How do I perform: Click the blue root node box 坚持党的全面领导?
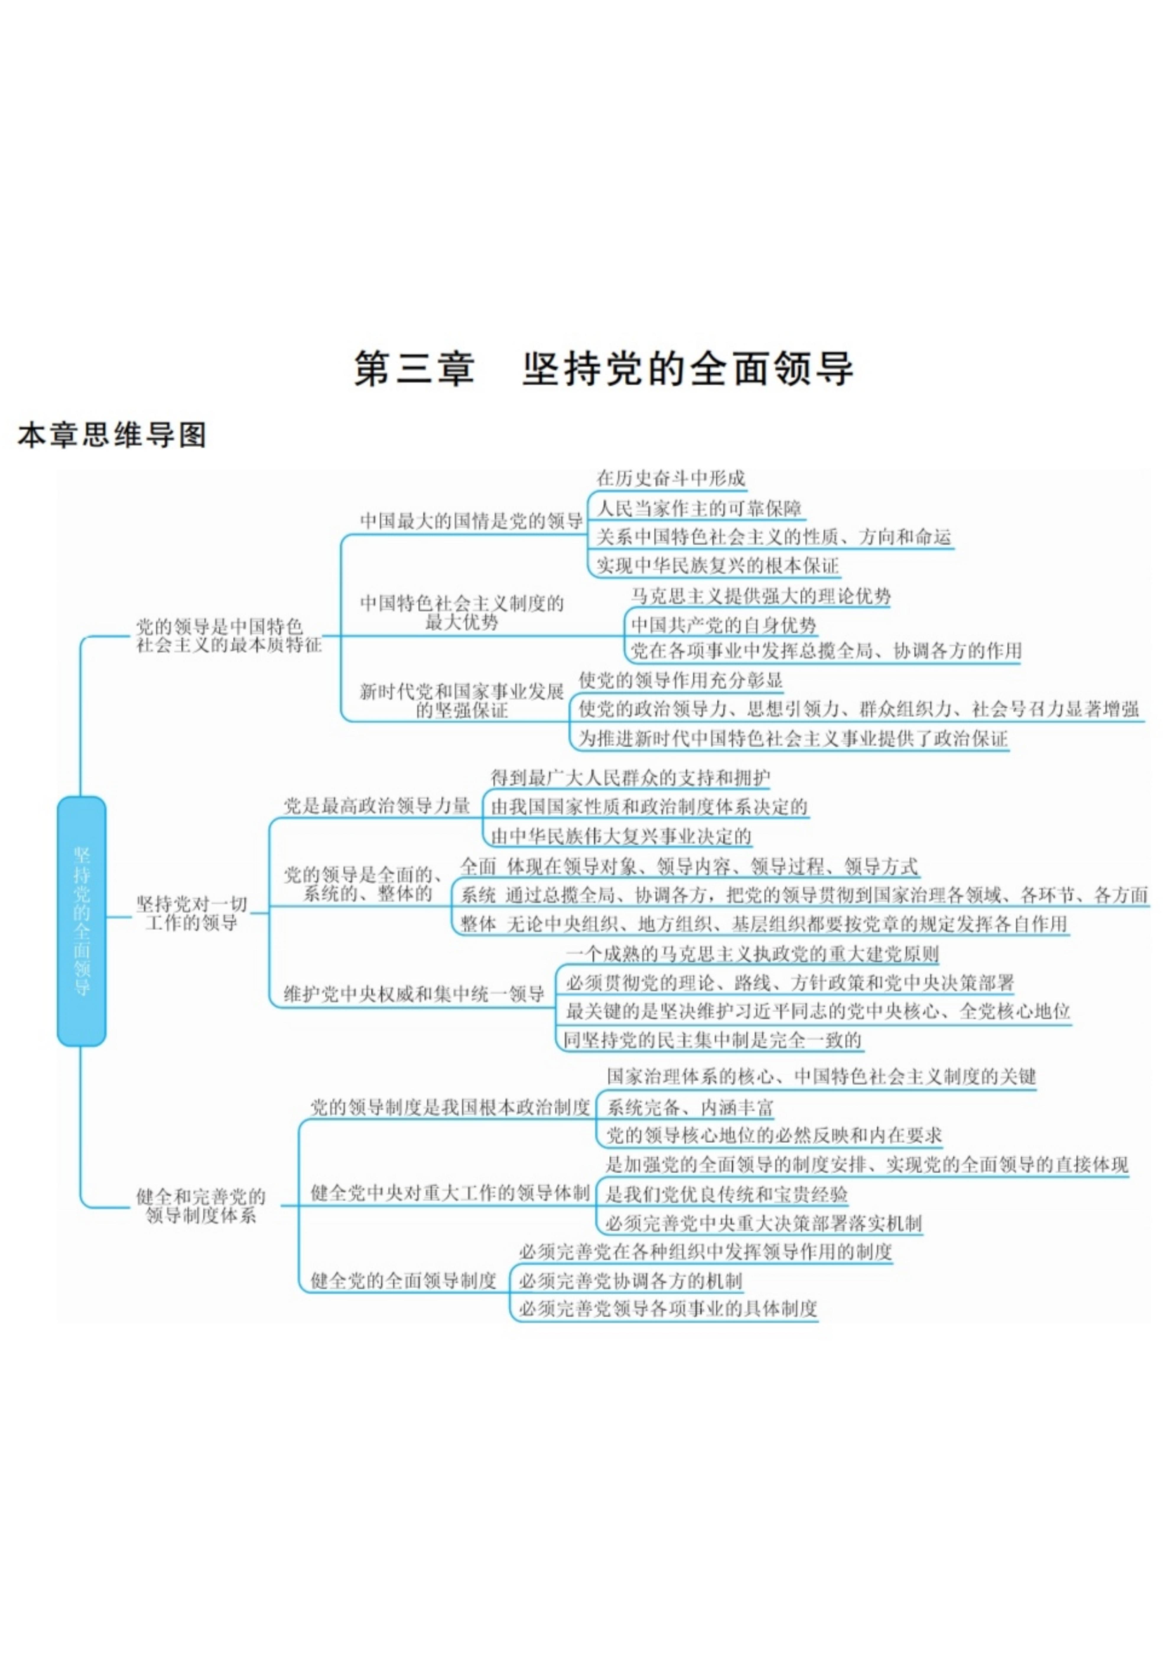pyautogui.click(x=82, y=921)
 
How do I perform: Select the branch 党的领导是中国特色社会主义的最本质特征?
pyautogui.click(x=229, y=635)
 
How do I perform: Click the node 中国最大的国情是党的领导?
pyautogui.click(x=471, y=521)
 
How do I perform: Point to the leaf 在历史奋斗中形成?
pyautogui.click(x=670, y=478)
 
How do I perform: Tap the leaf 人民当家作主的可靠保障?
pyautogui.click(x=699, y=508)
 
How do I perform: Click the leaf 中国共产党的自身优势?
pyautogui.click(x=723, y=625)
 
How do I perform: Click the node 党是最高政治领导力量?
pyautogui.click(x=377, y=806)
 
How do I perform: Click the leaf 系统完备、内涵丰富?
pyautogui.click(x=690, y=1107)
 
